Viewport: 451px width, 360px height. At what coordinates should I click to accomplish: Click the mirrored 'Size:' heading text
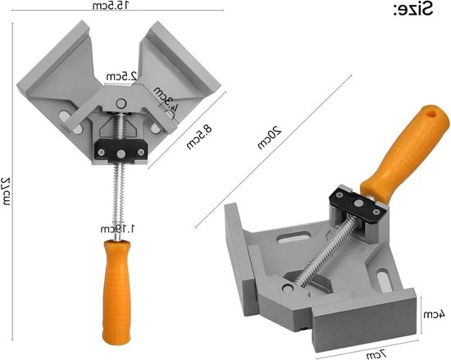click(415, 10)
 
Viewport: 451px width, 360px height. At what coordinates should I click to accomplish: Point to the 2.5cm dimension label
click(119, 76)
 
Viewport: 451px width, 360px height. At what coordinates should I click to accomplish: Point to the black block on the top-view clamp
click(120, 148)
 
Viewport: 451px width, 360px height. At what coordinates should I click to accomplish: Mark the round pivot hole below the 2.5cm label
click(120, 103)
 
